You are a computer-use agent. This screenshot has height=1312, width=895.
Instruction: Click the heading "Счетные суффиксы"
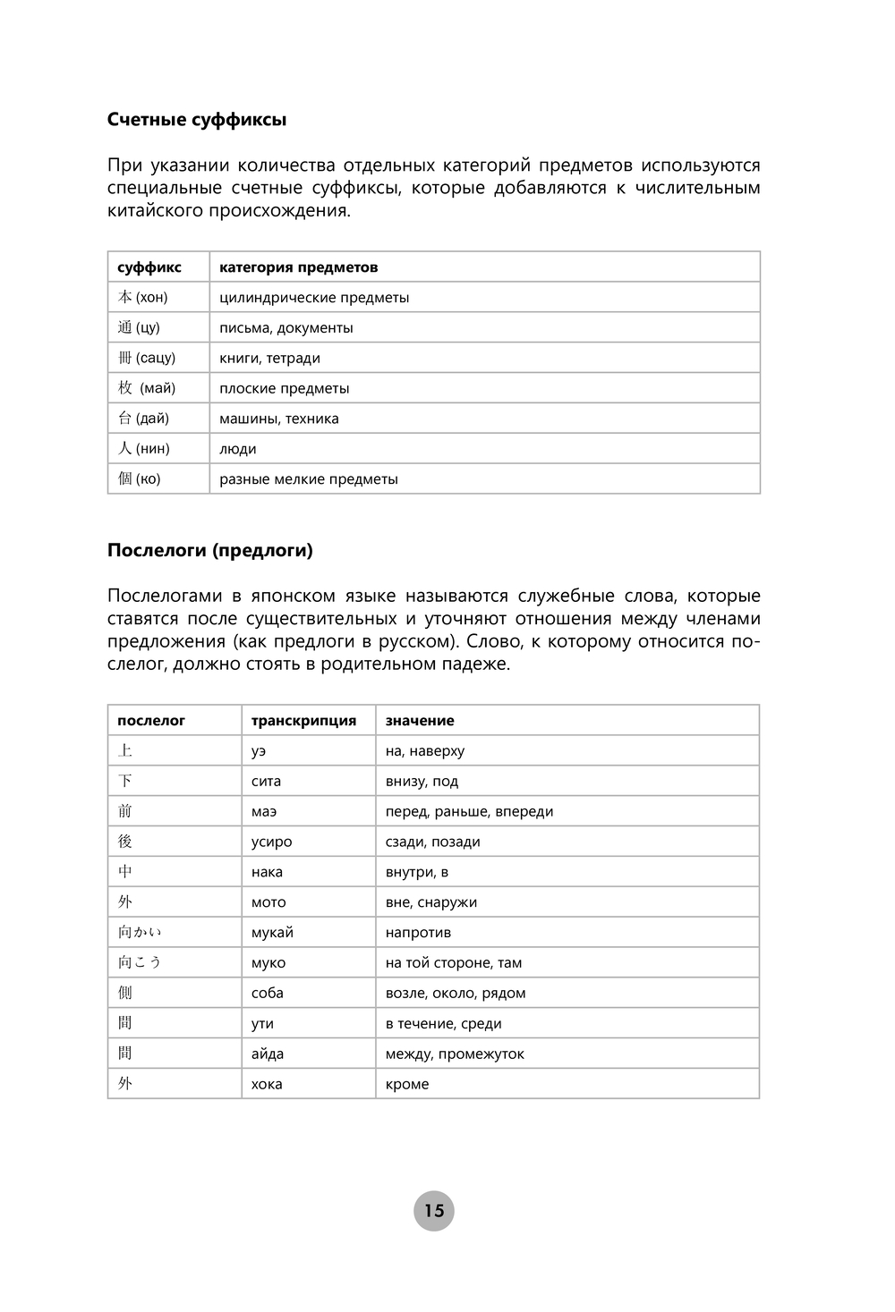pos(196,120)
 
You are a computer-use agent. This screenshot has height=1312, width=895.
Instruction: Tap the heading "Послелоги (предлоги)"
pos(209,551)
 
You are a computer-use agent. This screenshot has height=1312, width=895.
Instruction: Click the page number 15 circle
pos(434,1211)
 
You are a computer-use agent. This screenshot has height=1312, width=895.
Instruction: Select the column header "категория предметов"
pos(298,267)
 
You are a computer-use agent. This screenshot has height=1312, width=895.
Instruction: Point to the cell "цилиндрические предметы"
pos(314,298)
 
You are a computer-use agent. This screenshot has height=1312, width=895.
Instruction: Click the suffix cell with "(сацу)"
pos(147,358)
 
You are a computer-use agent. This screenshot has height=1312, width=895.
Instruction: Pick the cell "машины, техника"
pos(279,419)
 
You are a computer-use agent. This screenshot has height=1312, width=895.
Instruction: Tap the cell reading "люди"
pos(238,449)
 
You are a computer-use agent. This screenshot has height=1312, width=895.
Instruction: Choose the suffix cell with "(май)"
pos(147,388)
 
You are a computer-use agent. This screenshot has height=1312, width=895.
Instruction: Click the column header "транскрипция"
pos(303,721)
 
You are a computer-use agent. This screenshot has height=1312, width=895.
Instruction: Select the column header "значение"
pos(420,721)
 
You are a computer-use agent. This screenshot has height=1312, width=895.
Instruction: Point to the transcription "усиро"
pos(271,842)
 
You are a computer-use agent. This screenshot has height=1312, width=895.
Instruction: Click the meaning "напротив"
pos(418,933)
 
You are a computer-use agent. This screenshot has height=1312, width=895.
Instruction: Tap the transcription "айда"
pos(268,1054)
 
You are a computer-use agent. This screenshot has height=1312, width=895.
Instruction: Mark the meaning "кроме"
pos(407,1084)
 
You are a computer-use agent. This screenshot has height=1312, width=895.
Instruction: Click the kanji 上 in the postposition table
pos(125,751)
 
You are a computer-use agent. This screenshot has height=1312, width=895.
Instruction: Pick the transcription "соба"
pos(267,993)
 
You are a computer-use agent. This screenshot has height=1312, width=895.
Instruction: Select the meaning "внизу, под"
pos(422,782)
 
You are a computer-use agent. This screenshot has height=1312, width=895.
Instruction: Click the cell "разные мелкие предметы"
pos(309,479)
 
